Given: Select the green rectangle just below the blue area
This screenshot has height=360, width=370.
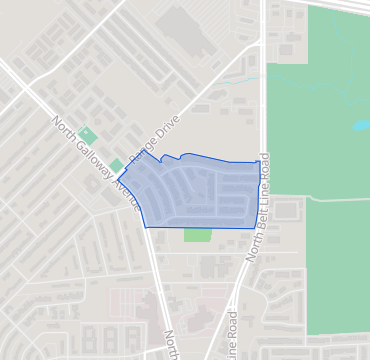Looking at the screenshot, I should tap(198, 235).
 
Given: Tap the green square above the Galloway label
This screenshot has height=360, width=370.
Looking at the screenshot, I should tap(88, 134).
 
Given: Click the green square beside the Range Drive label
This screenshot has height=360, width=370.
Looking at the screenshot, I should tap(117, 165).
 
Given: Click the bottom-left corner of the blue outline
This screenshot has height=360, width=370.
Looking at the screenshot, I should tap(147, 227).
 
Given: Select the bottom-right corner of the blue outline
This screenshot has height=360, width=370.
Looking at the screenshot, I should tap(255, 228).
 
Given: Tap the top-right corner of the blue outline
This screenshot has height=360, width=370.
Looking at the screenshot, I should tap(256, 161).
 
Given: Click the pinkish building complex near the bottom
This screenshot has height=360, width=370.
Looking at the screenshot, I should tap(150, 300).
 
